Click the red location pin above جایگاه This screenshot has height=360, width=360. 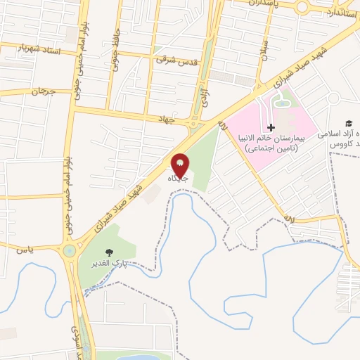click(180, 164)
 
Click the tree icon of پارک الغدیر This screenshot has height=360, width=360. click(108, 252)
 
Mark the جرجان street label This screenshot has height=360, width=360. click(42, 91)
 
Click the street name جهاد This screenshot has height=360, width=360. click(165, 120)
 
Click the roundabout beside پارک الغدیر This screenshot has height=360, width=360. click(70, 250)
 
